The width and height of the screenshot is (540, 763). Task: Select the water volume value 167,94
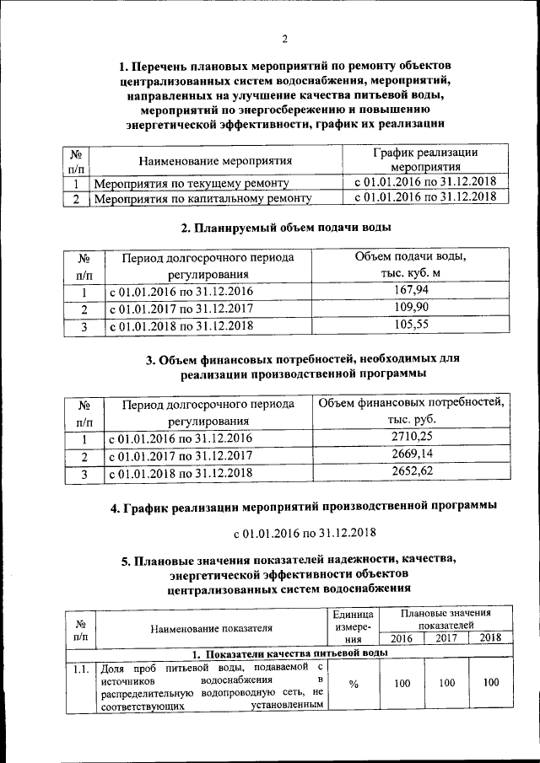pos(411,292)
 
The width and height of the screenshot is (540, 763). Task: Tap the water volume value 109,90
pos(411,308)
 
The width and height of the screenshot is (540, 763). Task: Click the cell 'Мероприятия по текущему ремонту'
pos(192,182)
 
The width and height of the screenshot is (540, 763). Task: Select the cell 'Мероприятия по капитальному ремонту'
pos(202,199)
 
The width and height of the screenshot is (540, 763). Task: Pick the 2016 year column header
pos(401,638)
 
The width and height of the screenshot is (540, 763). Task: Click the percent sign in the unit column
pos(354,684)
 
